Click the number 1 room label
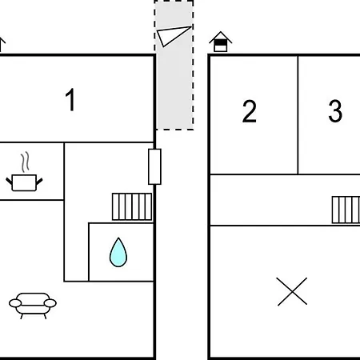(70, 99)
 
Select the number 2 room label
(250, 111)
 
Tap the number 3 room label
(335, 110)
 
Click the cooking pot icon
(24, 183)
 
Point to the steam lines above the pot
(25, 162)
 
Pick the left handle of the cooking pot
(10, 182)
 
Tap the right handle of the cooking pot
(39, 182)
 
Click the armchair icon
(33, 306)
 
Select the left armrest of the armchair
(15, 303)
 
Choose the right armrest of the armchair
(50, 303)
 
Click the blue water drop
(118, 252)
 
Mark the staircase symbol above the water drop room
(132, 206)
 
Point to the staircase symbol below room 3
(346, 210)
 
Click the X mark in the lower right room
(292, 291)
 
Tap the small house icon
(221, 42)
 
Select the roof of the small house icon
(221, 37)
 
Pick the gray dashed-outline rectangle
(174, 65)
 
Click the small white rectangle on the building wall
(154, 166)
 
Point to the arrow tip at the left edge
(2, 38)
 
